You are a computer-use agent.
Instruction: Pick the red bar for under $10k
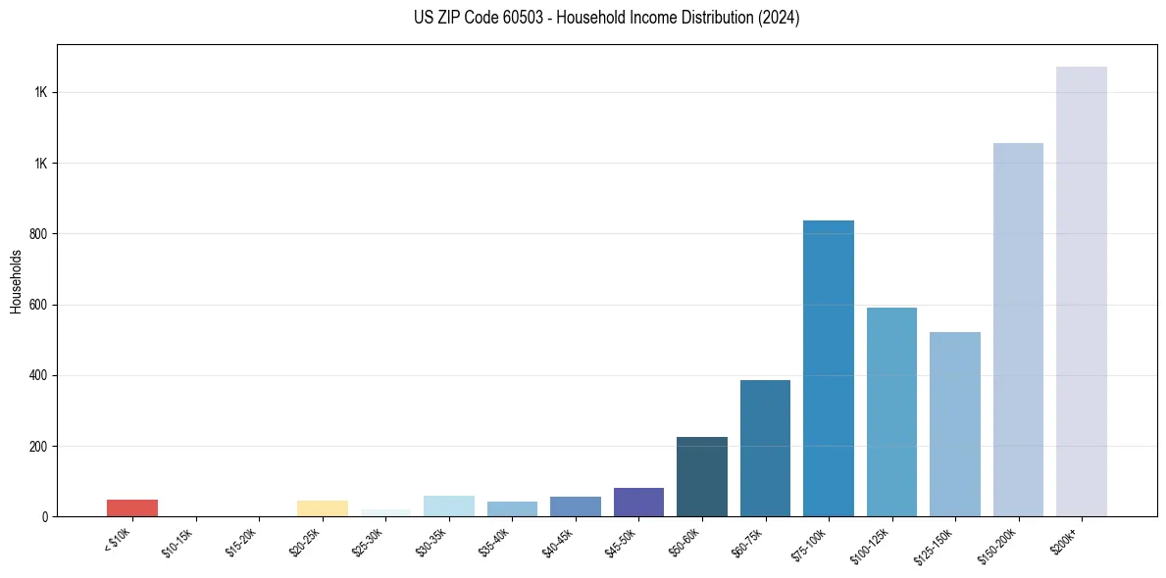coord(132,507)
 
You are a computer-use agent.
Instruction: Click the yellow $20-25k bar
coord(322,508)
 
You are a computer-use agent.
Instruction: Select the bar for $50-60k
coord(701,476)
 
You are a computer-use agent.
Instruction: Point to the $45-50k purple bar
coord(638,502)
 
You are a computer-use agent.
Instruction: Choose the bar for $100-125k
coord(891,411)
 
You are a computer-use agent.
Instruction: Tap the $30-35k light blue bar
coord(448,506)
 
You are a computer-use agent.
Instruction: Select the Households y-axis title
coord(16,281)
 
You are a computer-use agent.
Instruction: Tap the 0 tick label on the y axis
coord(42,516)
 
